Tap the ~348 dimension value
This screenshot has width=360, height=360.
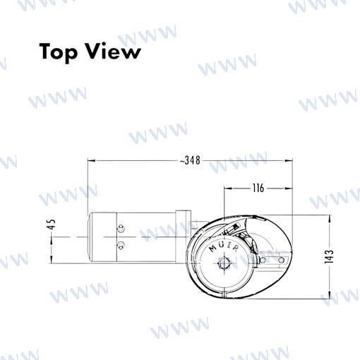190,160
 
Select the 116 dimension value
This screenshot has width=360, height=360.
258,188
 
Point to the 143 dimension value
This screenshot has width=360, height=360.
330,256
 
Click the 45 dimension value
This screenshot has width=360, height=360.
52,224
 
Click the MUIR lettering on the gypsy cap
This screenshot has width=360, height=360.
224,247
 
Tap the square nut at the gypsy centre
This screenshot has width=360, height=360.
224,263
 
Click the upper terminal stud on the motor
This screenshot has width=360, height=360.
121,229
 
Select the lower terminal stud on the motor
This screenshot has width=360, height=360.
121,246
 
